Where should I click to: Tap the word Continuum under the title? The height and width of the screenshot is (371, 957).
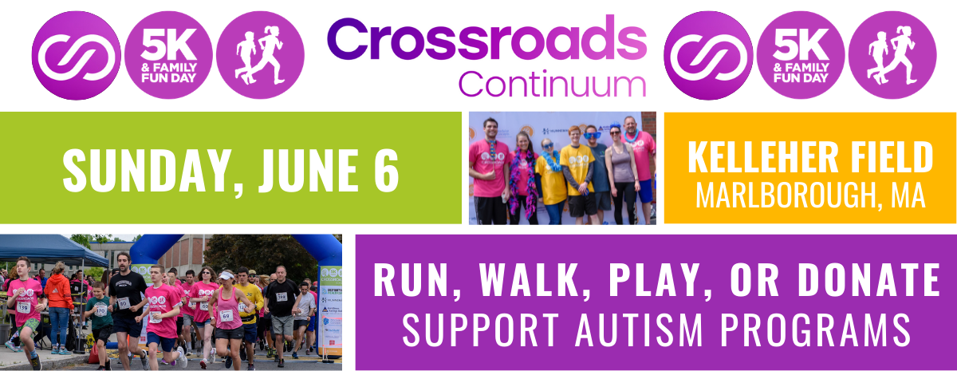click(552, 84)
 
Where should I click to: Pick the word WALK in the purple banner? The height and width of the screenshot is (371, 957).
click(528, 281)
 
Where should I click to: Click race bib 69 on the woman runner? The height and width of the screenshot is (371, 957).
click(226, 316)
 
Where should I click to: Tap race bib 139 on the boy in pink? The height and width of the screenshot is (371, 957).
click(23, 307)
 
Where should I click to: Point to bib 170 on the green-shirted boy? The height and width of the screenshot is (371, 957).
click(100, 310)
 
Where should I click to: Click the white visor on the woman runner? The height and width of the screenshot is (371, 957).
click(226, 276)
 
